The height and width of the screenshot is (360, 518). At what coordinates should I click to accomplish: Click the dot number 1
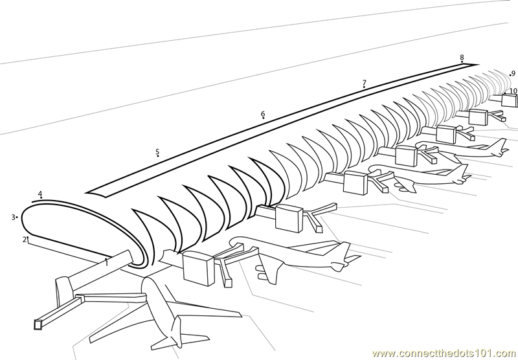pyautogui.click(x=106, y=259)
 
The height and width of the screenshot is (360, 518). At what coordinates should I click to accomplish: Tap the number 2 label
pyautogui.click(x=24, y=240)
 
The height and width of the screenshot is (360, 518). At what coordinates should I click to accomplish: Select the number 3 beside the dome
pyautogui.click(x=14, y=218)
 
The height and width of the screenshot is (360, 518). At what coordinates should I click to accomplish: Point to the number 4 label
pyautogui.click(x=40, y=194)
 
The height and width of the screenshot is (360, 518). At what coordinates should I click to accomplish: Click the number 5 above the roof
pyautogui.click(x=157, y=152)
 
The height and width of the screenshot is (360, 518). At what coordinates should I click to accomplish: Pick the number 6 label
pyautogui.click(x=263, y=114)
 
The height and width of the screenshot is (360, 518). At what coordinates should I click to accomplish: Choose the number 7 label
pyautogui.click(x=365, y=83)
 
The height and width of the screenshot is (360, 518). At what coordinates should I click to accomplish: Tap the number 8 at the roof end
pyautogui.click(x=462, y=58)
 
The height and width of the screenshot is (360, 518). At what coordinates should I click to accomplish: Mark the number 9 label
pyautogui.click(x=513, y=73)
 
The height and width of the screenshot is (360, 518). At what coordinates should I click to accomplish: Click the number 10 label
pyautogui.click(x=513, y=91)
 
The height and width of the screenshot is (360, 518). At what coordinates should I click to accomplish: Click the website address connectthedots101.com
pyautogui.click(x=445, y=354)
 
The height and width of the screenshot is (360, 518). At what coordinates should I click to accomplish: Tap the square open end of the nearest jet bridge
pyautogui.click(x=38, y=324)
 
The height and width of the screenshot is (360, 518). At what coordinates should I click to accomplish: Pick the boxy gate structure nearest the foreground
pyautogui.click(x=199, y=268)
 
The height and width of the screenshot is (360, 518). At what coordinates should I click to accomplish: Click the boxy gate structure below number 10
pyautogui.click(x=510, y=100)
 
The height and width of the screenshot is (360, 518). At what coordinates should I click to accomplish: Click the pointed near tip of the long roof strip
pyautogui.click(x=86, y=192)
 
